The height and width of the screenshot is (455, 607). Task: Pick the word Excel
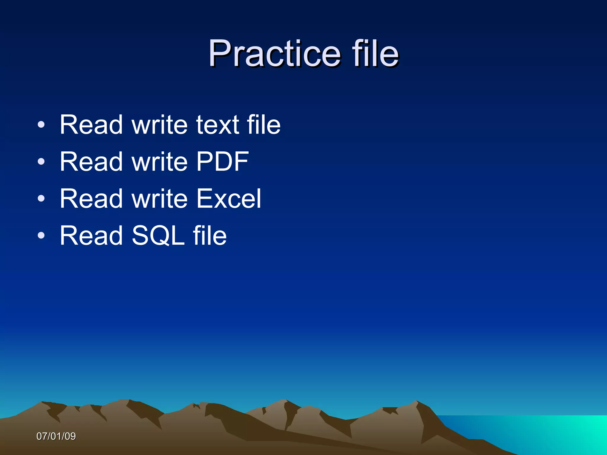(229, 198)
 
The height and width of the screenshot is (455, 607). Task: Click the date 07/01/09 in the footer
(56, 436)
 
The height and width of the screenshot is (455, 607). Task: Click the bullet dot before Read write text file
(41, 125)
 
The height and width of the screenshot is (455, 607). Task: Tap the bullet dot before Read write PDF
(41, 162)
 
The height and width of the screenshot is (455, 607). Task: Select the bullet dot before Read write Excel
(41, 199)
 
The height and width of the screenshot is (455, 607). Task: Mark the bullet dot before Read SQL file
(41, 236)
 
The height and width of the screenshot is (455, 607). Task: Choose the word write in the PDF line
(159, 161)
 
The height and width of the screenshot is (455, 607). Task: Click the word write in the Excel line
(159, 198)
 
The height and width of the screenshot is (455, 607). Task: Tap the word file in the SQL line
(210, 235)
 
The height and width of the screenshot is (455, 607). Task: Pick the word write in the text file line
(159, 125)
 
